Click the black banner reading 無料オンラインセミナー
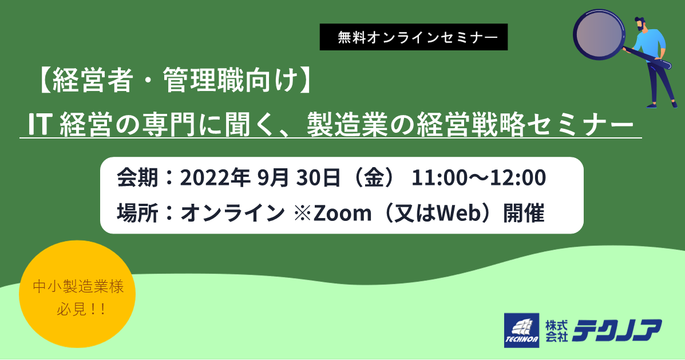tap(413, 37)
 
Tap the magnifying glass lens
tap(599, 34)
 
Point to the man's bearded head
tap(640, 25)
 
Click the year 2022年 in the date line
tap(215, 177)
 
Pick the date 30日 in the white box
tap(318, 177)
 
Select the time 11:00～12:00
tap(478, 177)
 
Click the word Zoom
tap(342, 213)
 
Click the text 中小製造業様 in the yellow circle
tap(78, 287)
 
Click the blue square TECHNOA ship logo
tap(521, 330)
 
